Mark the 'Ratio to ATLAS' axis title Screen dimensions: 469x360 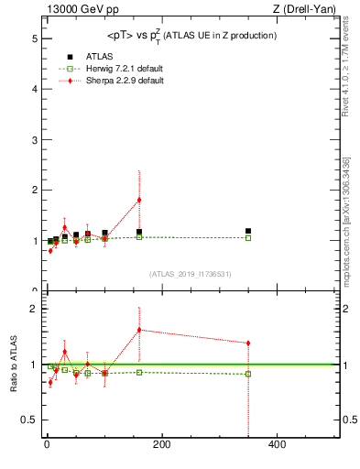click(14, 364)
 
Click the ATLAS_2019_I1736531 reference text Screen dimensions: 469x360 click(191, 274)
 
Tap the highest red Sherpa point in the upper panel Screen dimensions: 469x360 click(139, 200)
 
